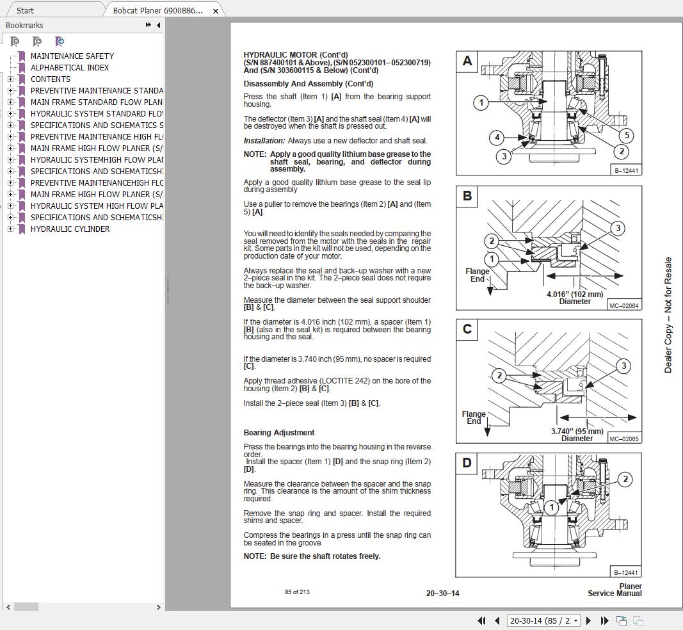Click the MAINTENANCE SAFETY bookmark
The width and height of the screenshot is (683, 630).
coord(72,56)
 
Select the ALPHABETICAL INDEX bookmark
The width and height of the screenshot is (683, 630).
coord(69,68)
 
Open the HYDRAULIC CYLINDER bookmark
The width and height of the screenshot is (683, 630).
coord(70,229)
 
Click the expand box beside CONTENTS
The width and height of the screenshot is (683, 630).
coord(10,79)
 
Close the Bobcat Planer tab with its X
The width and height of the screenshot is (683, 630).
coord(216,11)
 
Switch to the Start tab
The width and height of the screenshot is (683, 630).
coord(25,11)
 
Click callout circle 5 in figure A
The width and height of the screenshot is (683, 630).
coord(626,135)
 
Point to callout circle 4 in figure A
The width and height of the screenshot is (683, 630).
coord(497,138)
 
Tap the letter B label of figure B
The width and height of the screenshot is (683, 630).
coord(467,196)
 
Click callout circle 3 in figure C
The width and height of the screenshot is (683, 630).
coord(623,366)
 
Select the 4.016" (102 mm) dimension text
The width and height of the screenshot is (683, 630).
coord(574,295)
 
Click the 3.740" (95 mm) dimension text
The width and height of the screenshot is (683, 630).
coord(577,432)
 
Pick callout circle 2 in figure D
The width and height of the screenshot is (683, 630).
coord(625,479)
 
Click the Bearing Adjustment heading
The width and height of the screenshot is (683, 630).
coord(278,433)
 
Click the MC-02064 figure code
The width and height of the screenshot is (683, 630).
coord(623,306)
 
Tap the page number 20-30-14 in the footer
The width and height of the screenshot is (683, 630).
coord(442,594)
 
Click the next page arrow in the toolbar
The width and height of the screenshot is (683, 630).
coord(588,620)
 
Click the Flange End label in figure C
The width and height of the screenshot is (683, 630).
coord(474,417)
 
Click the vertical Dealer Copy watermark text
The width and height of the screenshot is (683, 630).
coord(668,315)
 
